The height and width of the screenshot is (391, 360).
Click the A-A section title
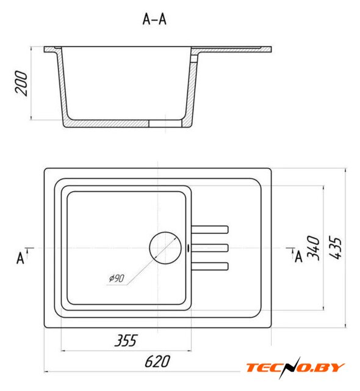(154, 19)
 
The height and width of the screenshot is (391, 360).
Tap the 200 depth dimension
(21, 83)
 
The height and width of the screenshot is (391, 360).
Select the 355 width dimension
(126, 340)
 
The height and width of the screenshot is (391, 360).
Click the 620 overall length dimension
(157, 361)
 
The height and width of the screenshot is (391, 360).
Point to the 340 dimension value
(313, 248)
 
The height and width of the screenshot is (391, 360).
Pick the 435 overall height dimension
(335, 247)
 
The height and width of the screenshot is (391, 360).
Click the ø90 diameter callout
(117, 278)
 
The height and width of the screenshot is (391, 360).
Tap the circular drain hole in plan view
(165, 248)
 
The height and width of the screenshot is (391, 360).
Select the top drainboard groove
(210, 230)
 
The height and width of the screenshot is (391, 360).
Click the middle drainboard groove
(210, 248)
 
